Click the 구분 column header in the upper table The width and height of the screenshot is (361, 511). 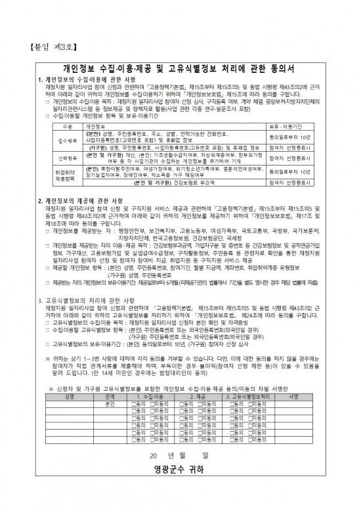[x=67, y=125]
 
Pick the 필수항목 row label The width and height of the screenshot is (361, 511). [x=67, y=141]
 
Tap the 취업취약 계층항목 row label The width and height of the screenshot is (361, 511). [x=67, y=174]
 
